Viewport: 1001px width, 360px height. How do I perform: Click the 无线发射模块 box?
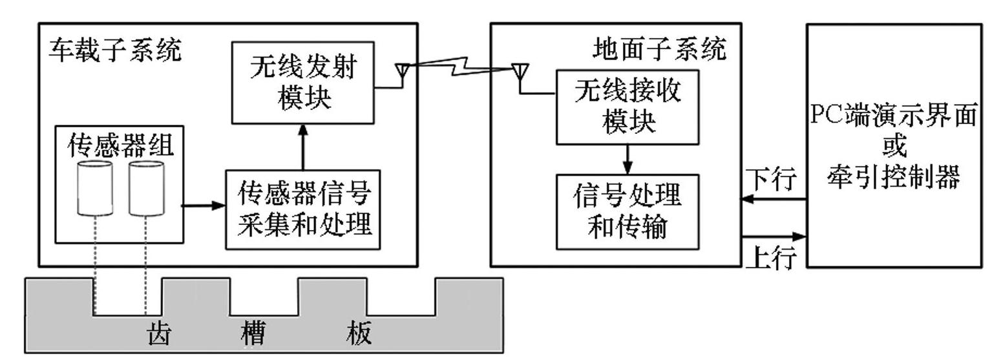coord(303,82)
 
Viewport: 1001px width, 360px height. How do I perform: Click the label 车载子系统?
coord(115,50)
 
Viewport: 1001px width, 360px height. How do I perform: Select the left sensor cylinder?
coord(94,189)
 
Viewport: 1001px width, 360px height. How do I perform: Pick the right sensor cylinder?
coord(146,189)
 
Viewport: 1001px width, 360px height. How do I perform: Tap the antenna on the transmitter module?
coord(402,72)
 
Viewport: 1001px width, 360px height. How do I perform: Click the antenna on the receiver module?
coord(518,72)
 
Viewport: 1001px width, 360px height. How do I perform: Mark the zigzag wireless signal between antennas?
coord(459,65)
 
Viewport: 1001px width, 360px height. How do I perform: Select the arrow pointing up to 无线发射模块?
coord(301,147)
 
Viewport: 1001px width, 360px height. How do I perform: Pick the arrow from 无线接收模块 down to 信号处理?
coord(627,159)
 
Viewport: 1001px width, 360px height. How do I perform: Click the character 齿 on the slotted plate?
coord(156,334)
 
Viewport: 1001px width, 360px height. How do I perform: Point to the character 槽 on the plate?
coord(253,334)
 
